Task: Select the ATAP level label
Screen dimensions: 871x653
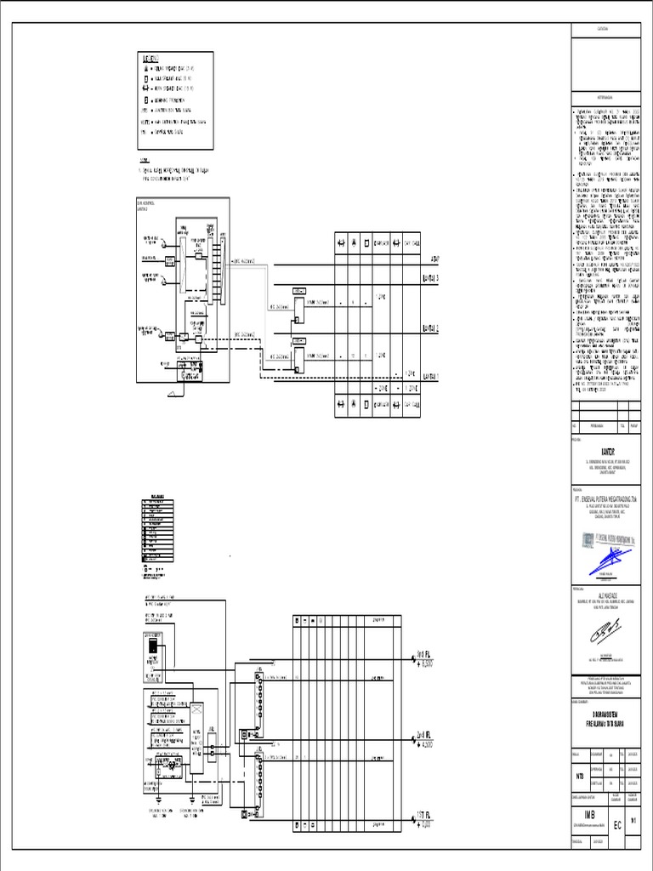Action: tap(434, 258)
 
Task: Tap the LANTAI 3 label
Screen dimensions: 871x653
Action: tap(431, 277)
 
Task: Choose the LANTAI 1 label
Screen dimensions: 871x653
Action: tap(431, 375)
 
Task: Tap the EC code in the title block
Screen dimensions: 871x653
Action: tap(617, 825)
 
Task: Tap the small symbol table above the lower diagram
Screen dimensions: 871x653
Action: tap(159, 528)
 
